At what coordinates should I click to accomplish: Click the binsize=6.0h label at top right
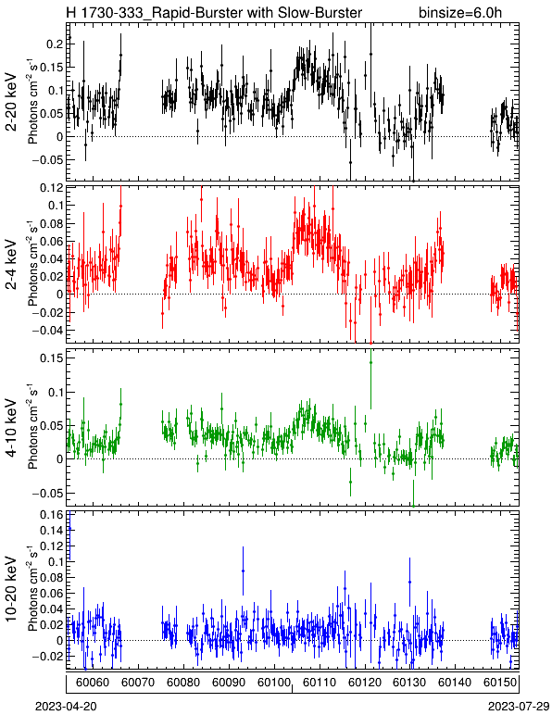460,12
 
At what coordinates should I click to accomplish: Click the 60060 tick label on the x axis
93,683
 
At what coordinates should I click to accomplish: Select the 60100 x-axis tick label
274,683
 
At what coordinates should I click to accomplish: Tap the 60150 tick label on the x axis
500,683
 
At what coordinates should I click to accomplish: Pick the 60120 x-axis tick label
365,683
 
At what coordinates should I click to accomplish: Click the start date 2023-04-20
66,707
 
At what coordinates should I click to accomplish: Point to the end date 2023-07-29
519,707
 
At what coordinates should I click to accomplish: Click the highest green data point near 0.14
371,362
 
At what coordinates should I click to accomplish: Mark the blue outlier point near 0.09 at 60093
243,571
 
